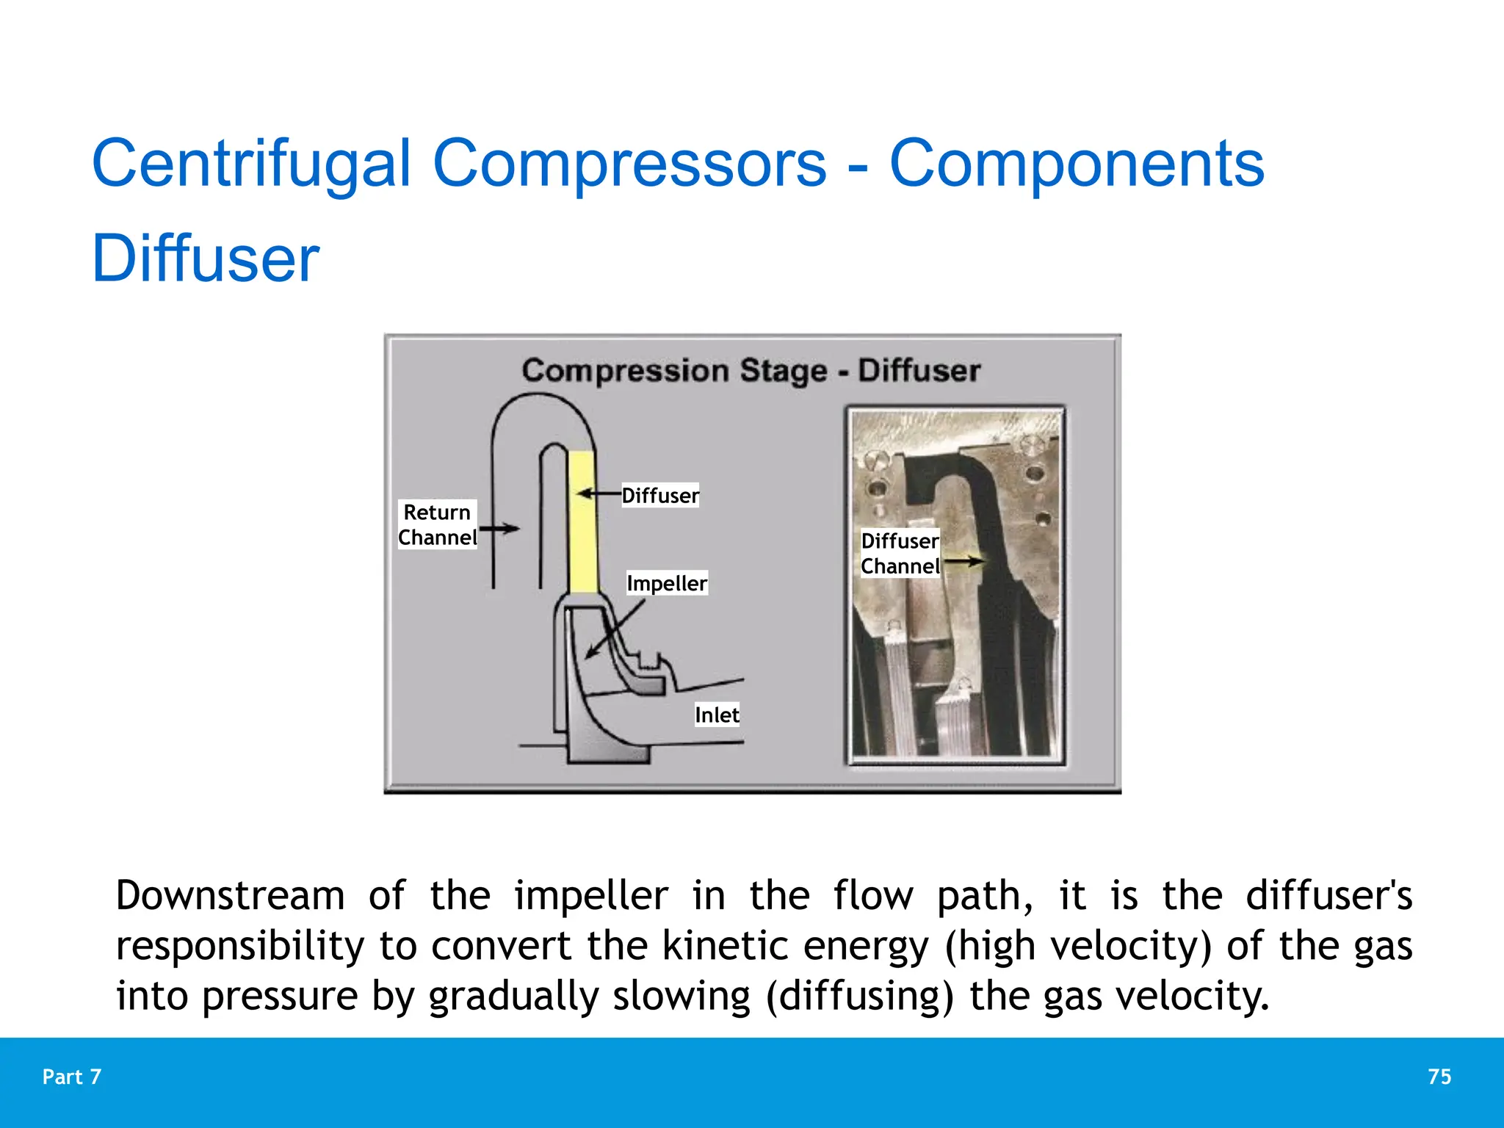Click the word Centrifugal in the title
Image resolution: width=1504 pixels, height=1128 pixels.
250,164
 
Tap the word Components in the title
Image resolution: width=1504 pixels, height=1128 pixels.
1077,164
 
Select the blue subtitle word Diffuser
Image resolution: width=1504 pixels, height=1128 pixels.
205,258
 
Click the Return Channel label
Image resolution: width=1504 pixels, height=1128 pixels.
437,524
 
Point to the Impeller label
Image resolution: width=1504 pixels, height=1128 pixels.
667,583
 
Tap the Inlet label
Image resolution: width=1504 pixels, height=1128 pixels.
717,715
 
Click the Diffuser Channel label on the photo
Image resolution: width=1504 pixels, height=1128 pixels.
900,553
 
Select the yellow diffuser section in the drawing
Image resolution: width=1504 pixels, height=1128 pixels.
582,521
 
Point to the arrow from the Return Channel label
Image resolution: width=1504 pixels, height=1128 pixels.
499,528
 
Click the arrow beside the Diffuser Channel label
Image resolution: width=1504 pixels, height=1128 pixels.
963,562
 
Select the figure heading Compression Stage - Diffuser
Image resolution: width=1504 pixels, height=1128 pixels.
751,371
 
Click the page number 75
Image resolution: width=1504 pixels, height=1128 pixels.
1439,1077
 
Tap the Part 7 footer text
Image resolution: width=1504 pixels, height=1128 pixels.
72,1077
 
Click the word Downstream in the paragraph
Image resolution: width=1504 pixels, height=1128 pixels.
230,896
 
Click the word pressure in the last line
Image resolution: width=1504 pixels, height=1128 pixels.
280,997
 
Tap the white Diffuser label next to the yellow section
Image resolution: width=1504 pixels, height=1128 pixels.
660,496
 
